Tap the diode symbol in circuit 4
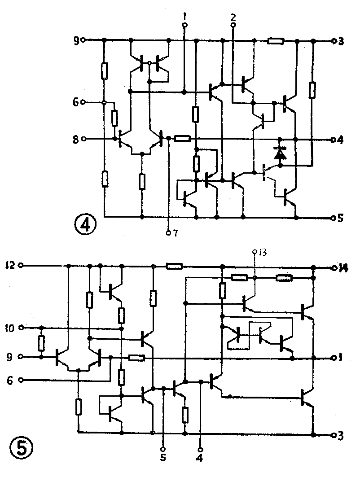[281, 154]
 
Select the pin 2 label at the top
[233, 17]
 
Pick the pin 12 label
[10, 265]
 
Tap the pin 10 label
[10, 328]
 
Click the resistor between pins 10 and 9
[42, 343]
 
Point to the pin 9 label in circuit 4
[76, 41]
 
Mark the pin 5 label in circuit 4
[341, 219]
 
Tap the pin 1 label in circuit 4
[184, 16]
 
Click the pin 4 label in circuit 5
[200, 458]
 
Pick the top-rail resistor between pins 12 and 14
[174, 267]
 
